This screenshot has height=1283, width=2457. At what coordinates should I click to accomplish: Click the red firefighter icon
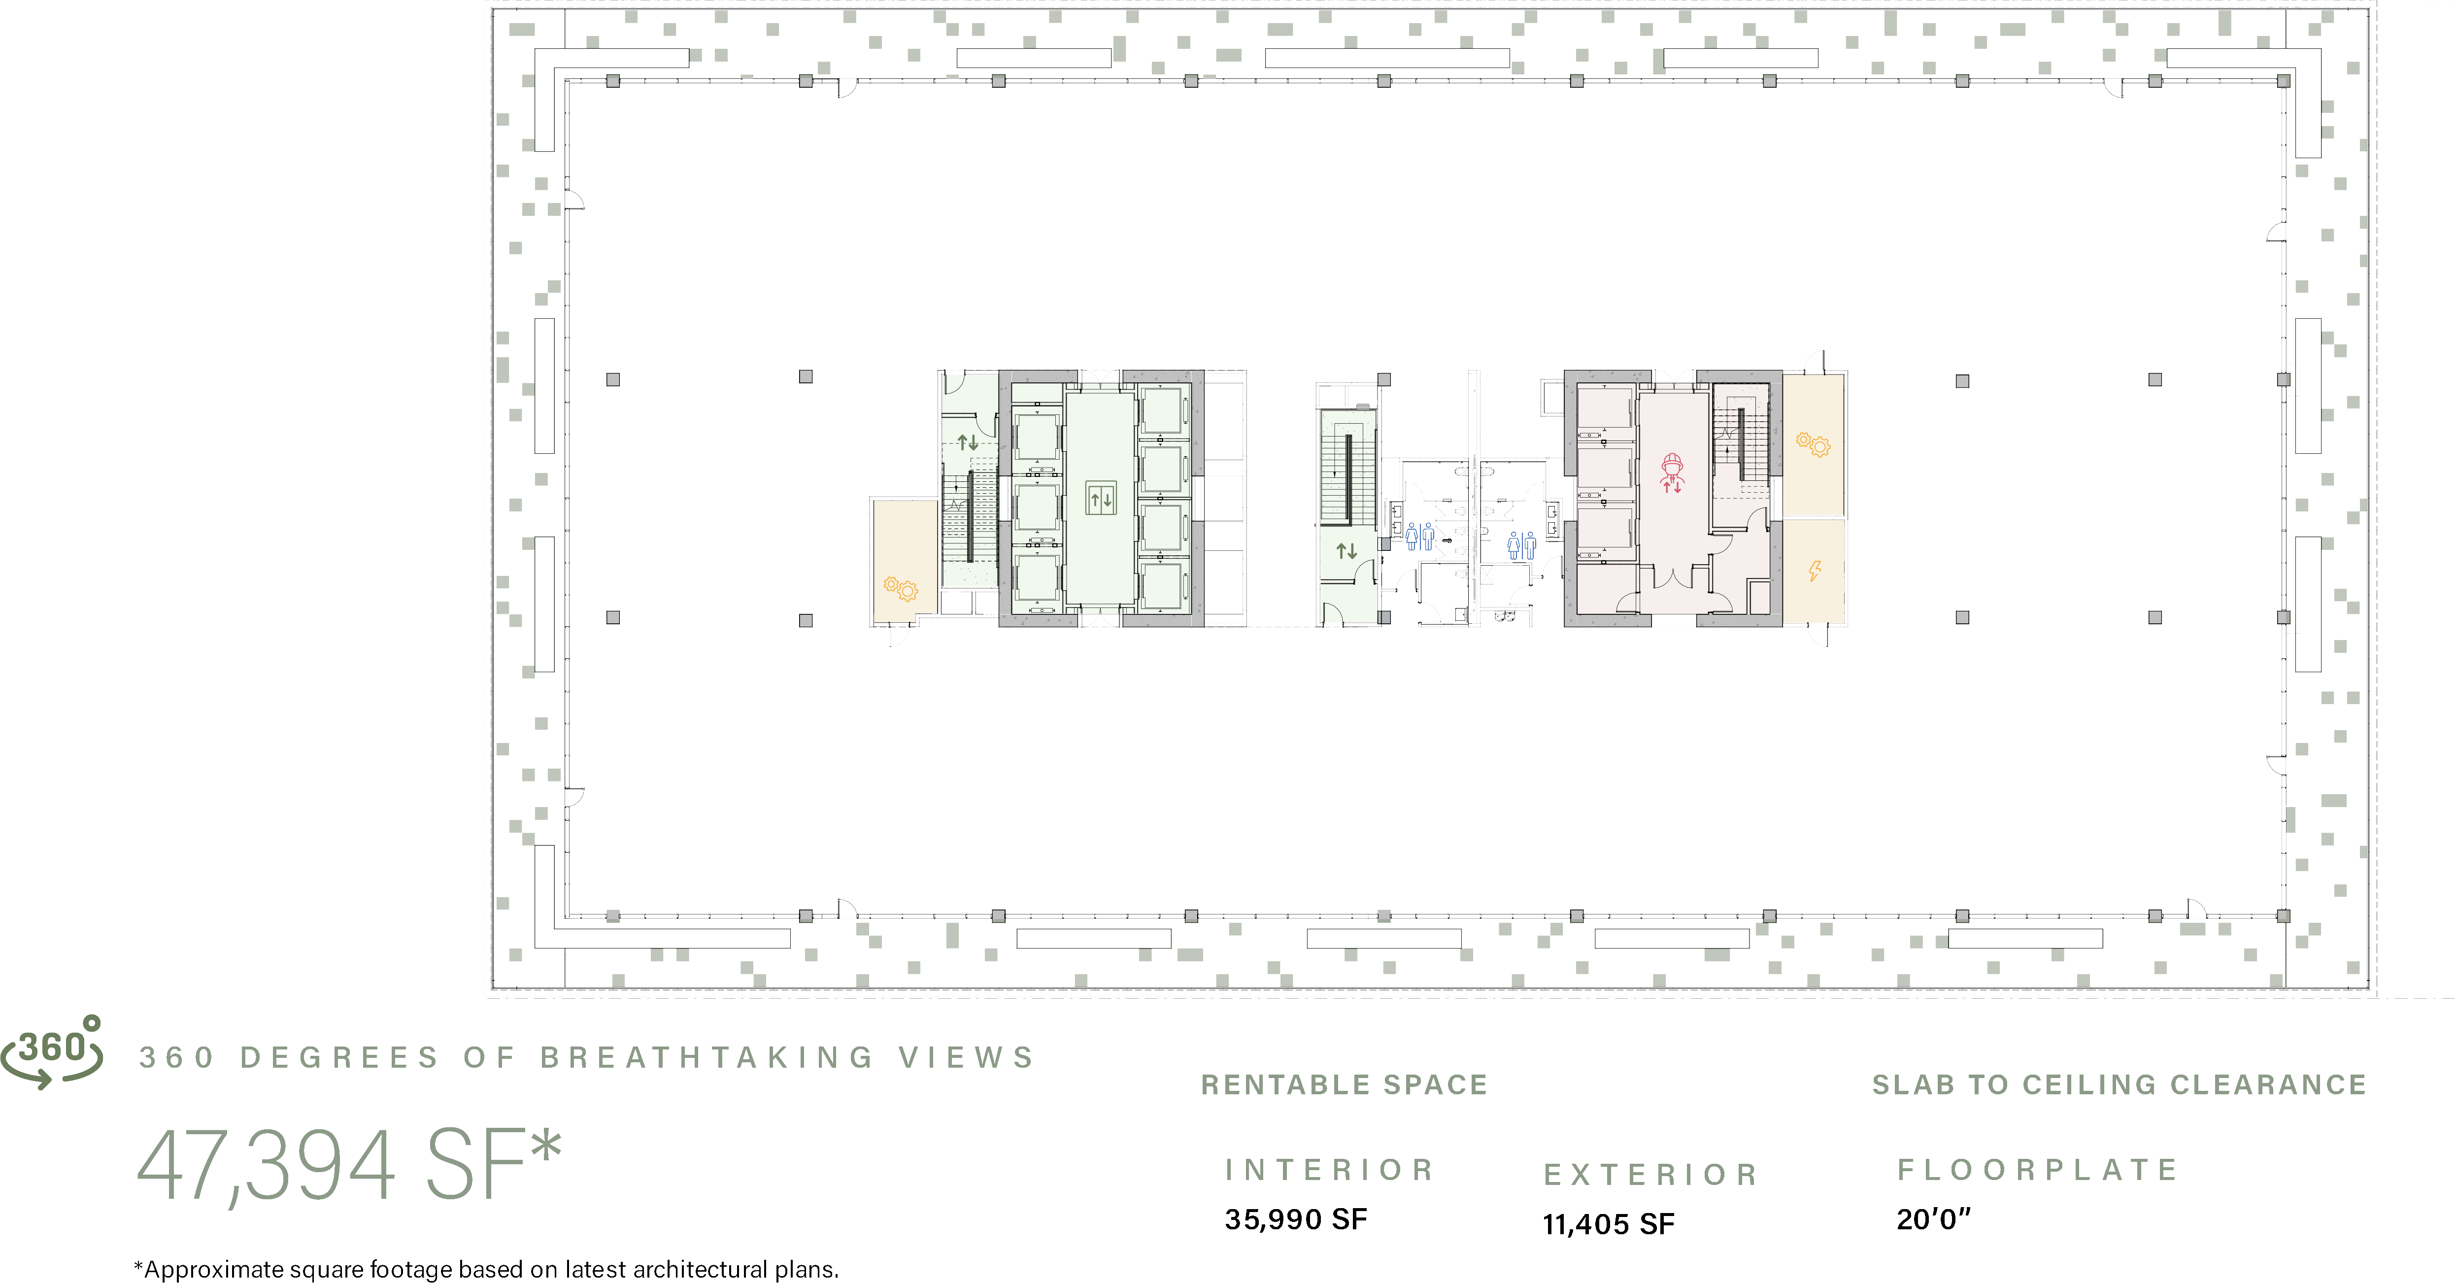[1672, 472]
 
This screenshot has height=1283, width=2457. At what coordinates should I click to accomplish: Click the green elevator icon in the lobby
[1101, 498]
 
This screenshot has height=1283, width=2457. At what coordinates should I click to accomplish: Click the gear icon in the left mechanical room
[901, 589]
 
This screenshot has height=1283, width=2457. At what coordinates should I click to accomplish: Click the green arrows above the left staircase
[968, 441]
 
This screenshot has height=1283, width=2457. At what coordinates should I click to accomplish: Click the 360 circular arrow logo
[52, 1052]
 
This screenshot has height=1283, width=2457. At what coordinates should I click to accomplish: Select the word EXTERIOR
[1651, 1174]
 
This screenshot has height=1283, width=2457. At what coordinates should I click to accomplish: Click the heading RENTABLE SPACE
[1344, 1084]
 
